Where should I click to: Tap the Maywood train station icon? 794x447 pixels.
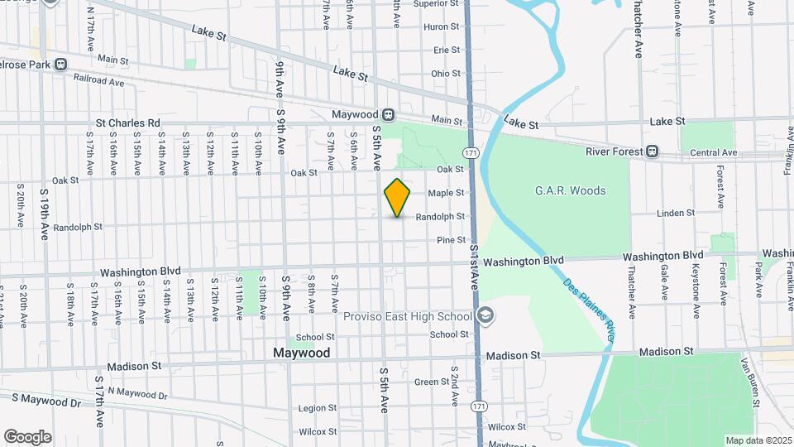click(x=388, y=114)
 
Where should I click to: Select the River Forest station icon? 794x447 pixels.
click(x=653, y=151)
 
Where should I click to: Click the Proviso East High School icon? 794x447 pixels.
click(x=485, y=315)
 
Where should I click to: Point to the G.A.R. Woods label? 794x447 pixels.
click(x=570, y=190)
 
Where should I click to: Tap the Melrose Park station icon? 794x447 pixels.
click(x=60, y=64)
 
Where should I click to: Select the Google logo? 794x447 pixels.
click(x=27, y=436)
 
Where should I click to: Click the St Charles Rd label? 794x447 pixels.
click(x=127, y=123)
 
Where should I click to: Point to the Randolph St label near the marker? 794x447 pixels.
click(x=439, y=216)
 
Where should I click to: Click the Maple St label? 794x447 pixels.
click(x=446, y=193)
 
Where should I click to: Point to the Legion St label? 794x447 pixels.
click(x=318, y=408)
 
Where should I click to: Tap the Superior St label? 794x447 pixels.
click(x=436, y=4)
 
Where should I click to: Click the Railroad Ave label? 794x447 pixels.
click(x=98, y=83)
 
